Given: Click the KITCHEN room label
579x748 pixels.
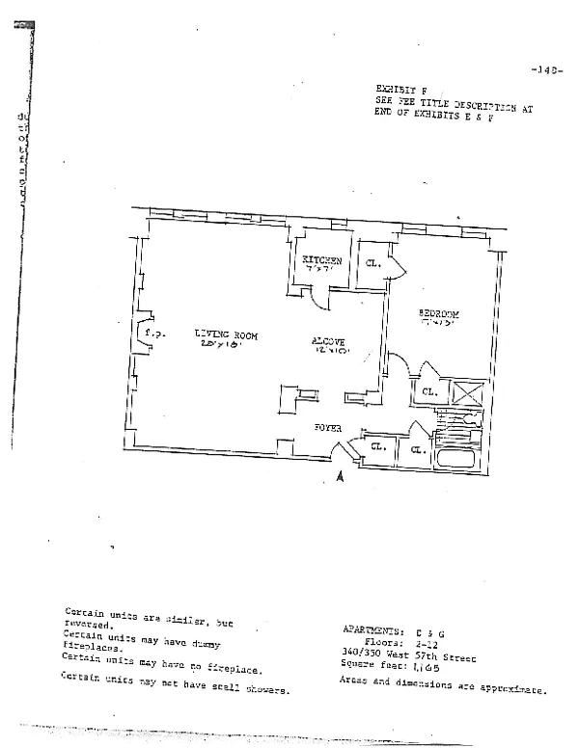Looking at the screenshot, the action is pyautogui.click(x=321, y=260).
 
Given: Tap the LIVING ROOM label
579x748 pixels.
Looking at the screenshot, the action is pyautogui.click(x=224, y=334).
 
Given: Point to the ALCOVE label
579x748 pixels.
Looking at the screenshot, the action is pyautogui.click(x=328, y=341).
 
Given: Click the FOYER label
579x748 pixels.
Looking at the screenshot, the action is pyautogui.click(x=321, y=425).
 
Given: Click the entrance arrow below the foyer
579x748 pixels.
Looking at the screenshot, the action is pyautogui.click(x=339, y=474).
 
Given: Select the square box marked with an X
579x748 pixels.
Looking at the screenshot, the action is pyautogui.click(x=468, y=393).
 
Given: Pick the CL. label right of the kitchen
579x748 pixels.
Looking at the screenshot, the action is pyautogui.click(x=372, y=262).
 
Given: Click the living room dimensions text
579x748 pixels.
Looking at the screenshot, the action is pyautogui.click(x=219, y=344).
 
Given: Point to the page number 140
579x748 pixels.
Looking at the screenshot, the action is pyautogui.click(x=546, y=69).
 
